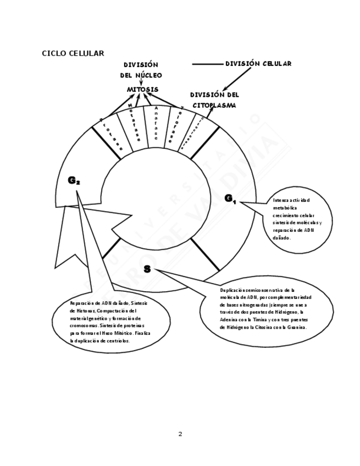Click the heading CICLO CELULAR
73,53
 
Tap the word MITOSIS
143,89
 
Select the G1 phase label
230,198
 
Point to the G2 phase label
74,180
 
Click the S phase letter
147,269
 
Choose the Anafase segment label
157,123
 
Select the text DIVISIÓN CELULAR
258,64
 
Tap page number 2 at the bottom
180,434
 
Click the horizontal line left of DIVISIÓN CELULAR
207,64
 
